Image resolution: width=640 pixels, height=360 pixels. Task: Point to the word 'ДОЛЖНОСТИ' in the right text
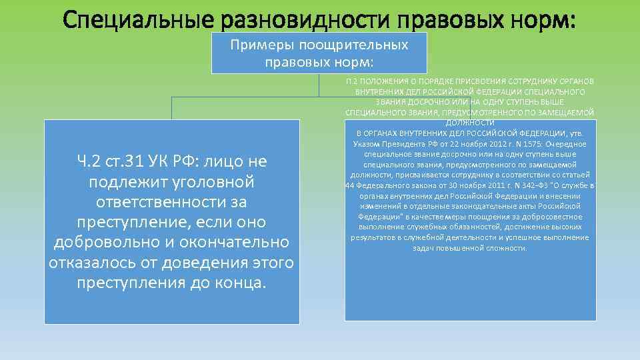pyautogui.click(x=470, y=123)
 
